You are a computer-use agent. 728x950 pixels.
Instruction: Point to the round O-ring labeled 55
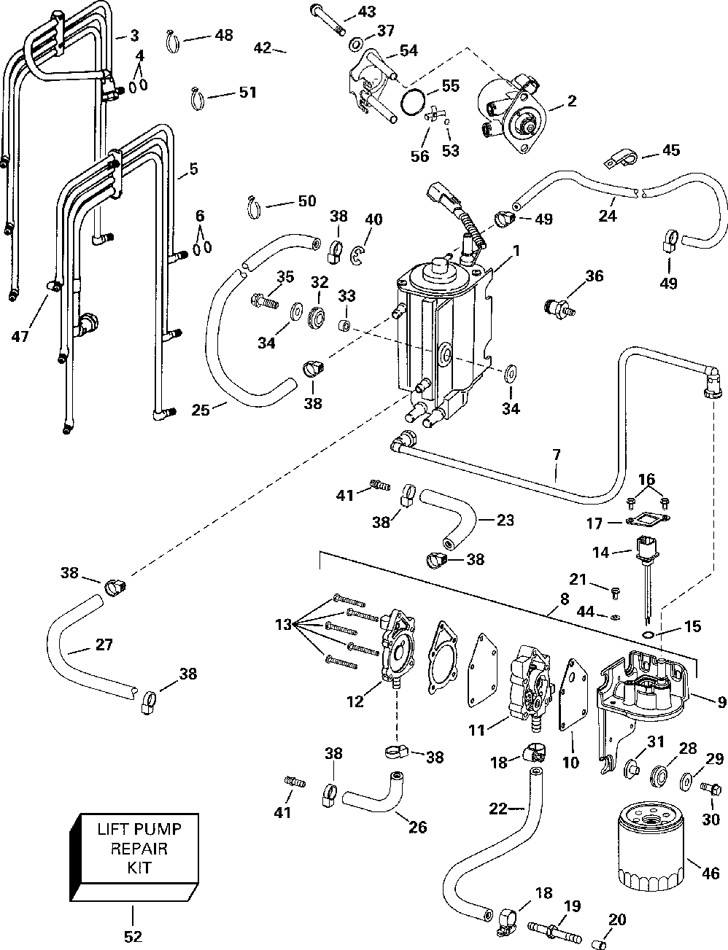[414, 103]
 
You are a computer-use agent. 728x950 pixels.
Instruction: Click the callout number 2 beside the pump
[572, 101]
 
